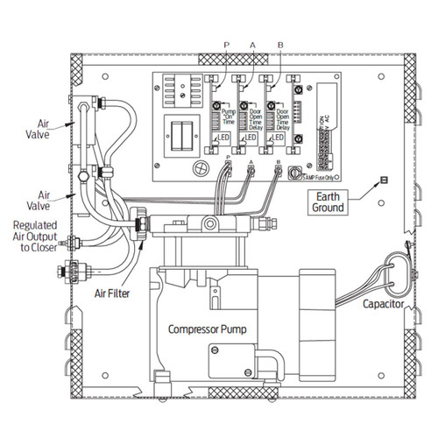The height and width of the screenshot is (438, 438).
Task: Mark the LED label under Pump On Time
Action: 225,138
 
